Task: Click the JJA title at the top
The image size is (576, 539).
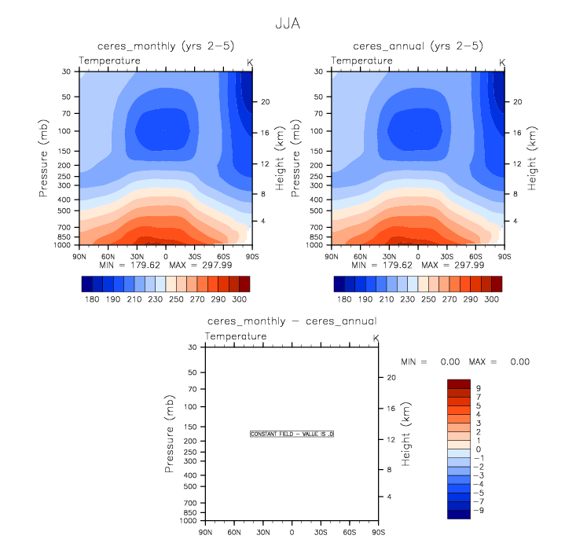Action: click(x=288, y=24)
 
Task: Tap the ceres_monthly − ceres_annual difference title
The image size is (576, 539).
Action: click(x=292, y=321)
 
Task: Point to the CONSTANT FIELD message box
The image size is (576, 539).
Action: click(x=292, y=434)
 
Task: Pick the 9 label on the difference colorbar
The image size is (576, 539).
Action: click(x=478, y=388)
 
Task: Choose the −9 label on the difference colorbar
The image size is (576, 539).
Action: click(x=480, y=510)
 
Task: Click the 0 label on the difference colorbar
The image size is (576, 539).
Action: click(x=478, y=449)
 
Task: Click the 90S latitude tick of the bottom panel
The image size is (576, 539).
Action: click(x=379, y=532)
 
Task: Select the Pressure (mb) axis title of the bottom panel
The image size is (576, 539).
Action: click(x=170, y=433)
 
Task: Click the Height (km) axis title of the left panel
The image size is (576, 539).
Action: click(x=281, y=157)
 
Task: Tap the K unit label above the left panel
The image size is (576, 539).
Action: click(x=250, y=61)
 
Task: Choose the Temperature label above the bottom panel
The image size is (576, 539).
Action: click(x=236, y=336)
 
